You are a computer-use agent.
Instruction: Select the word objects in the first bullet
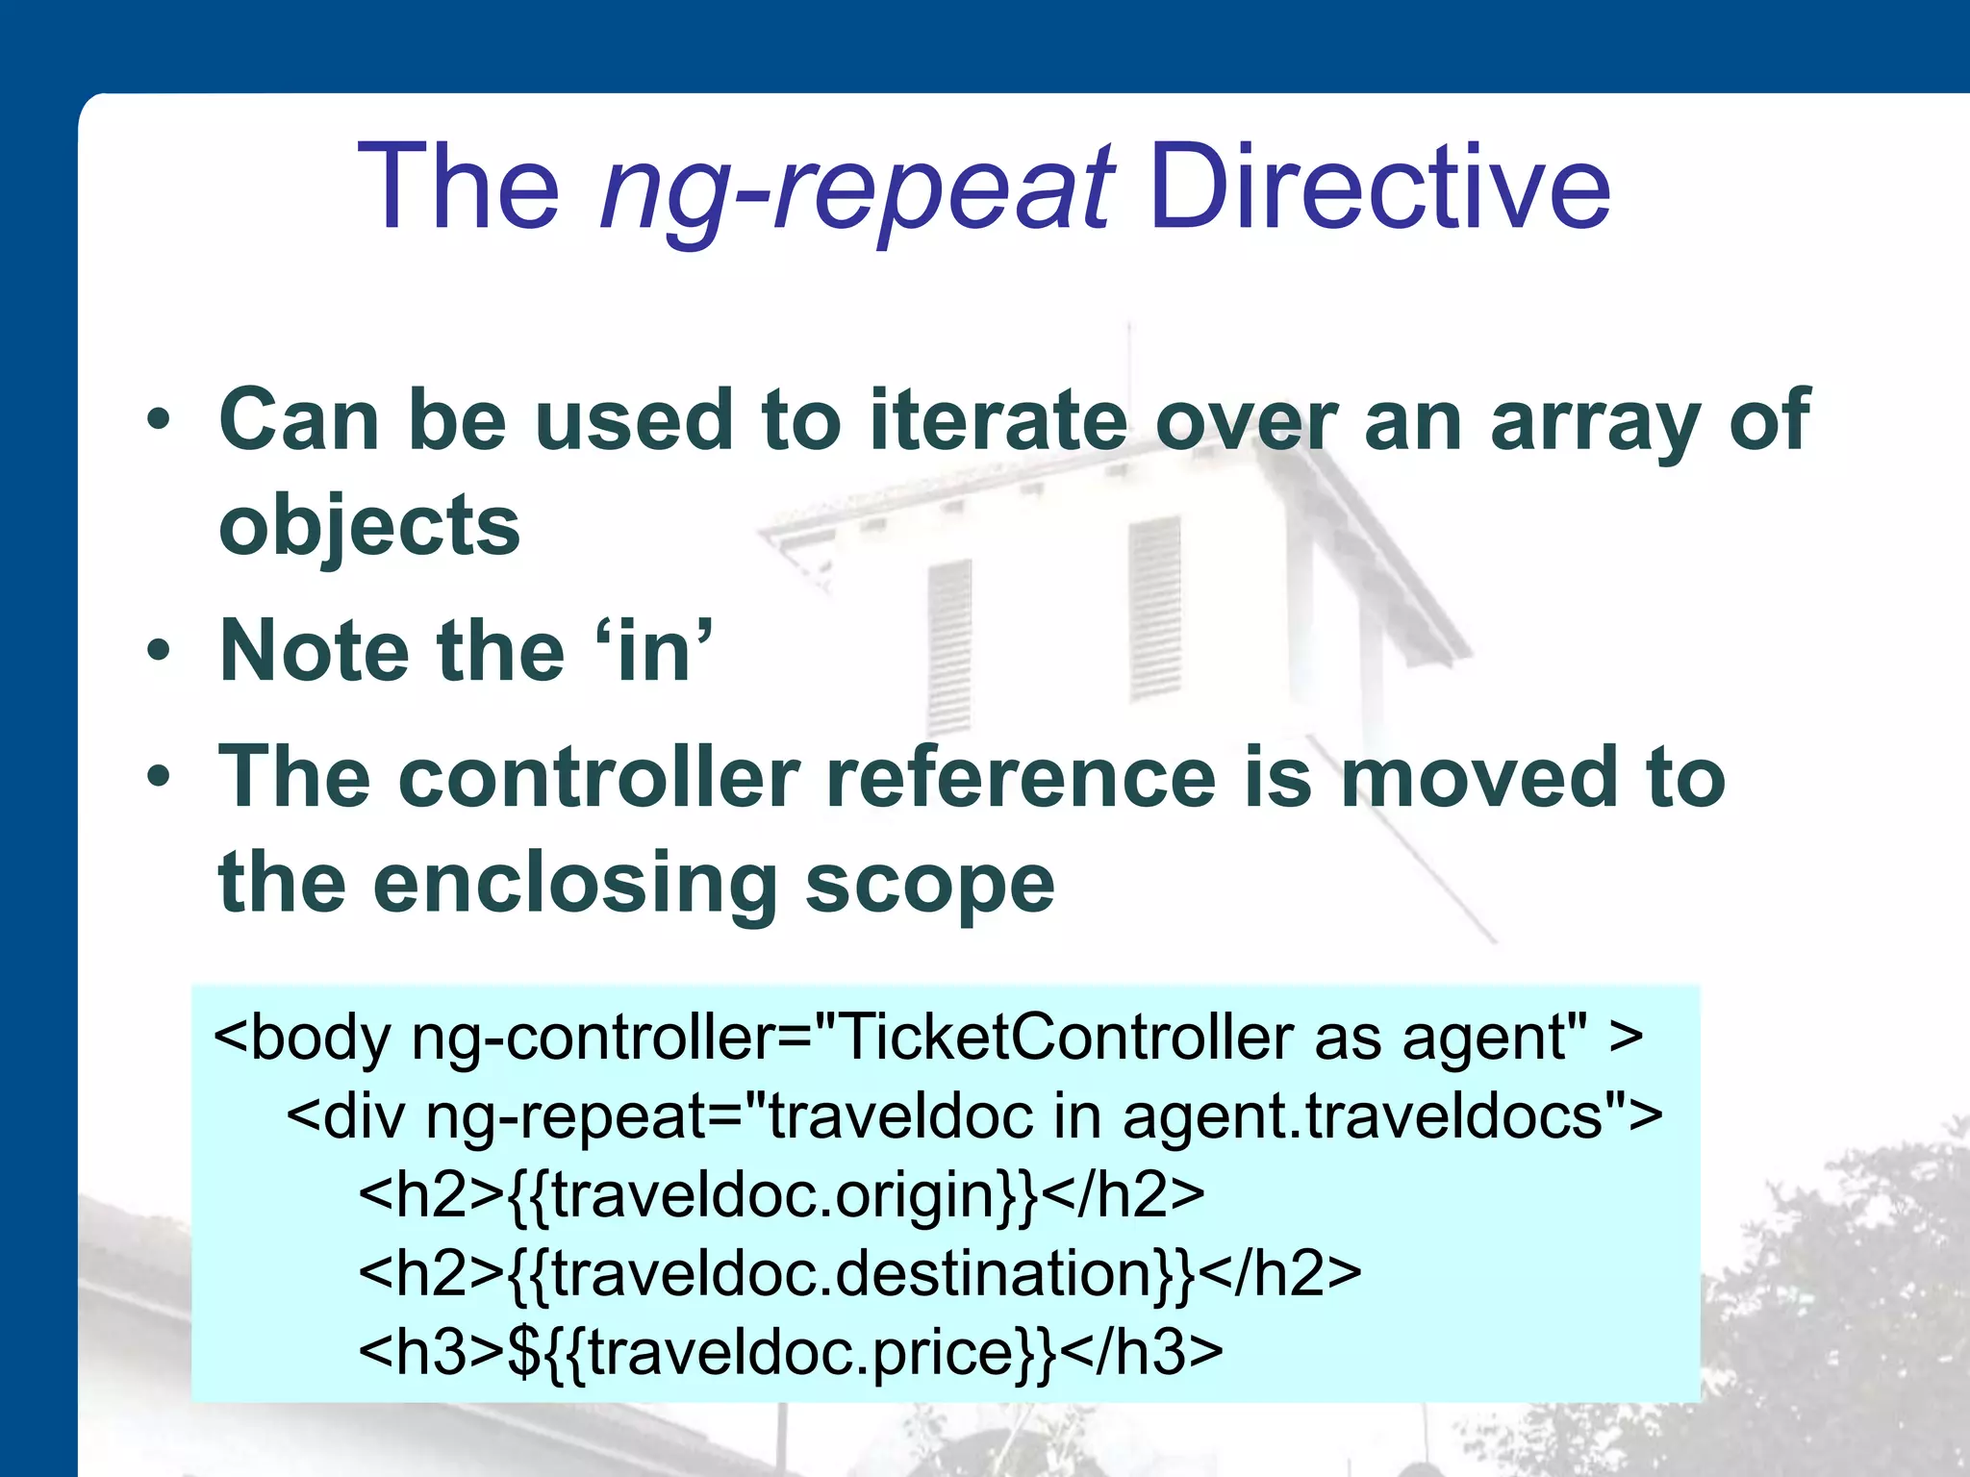coord(369,526)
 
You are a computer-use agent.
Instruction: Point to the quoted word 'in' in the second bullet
coord(654,651)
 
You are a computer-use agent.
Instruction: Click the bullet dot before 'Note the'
coord(159,651)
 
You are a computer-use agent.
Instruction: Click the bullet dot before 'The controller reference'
coord(159,777)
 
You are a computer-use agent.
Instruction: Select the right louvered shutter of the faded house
coord(1154,608)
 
